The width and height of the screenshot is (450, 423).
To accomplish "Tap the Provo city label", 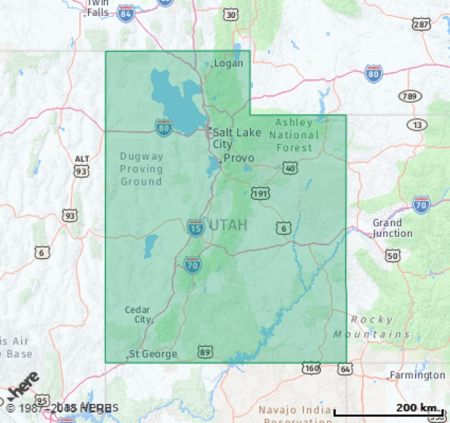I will coord(239,158).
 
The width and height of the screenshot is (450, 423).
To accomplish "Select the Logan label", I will coord(228,63).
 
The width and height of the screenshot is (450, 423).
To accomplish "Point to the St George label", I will coord(153,354).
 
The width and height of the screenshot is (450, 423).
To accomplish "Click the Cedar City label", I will coord(138,315).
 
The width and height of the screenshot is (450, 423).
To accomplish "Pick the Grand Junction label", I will coord(392,228).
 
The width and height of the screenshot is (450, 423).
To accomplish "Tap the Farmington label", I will coord(417,375).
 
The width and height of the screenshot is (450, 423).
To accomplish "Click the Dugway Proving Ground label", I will coord(141,168).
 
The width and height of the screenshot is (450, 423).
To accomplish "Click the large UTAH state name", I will coord(227,225).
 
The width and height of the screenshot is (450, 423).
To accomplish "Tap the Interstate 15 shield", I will coord(195,228).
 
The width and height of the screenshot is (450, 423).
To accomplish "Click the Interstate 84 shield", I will coord(125,13).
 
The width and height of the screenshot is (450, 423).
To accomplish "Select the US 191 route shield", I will coord(260,192).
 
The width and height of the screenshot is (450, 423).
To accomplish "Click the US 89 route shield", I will coord(204,352).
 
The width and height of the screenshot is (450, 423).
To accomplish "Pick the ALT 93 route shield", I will coord(82,167).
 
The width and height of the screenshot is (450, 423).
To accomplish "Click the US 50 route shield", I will coord(393,256).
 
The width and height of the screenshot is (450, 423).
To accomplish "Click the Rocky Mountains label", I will coord(371,326).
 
